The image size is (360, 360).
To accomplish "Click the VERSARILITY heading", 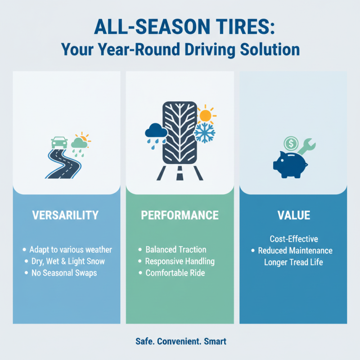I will pyautogui.click(x=65, y=215).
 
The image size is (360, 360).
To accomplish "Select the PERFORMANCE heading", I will pyautogui.click(x=180, y=215).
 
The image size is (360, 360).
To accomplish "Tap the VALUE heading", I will pyautogui.click(x=293, y=215).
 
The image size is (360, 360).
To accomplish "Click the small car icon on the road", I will pyautogui.click(x=60, y=142).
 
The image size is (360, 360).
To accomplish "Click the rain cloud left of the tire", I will pyautogui.click(x=156, y=132).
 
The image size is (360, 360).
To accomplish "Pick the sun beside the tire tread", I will pyautogui.click(x=205, y=115).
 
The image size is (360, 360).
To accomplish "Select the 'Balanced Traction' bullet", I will pyautogui.click(x=176, y=249).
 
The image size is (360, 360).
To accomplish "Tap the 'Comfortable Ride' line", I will pyautogui.click(x=176, y=273).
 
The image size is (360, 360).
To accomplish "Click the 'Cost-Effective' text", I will pyautogui.click(x=293, y=238).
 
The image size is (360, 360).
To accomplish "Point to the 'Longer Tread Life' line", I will pyautogui.click(x=293, y=262).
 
